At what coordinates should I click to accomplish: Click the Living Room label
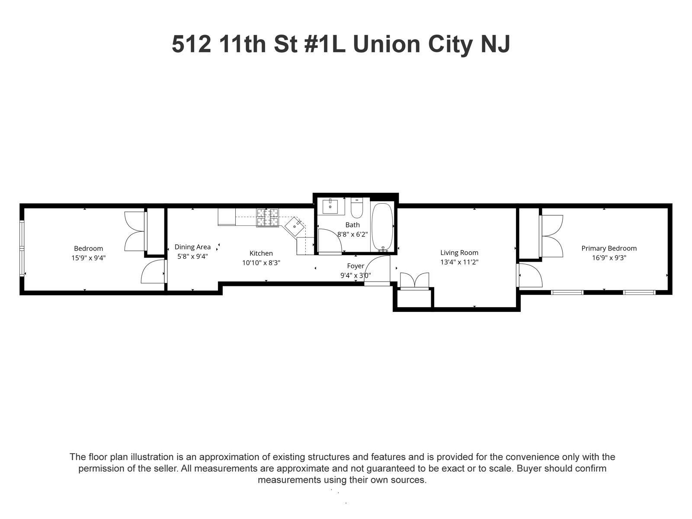pos(459,253)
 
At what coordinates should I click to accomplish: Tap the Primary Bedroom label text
pos(609,248)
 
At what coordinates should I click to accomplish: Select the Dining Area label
pos(192,247)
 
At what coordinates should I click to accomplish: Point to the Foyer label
pos(356,266)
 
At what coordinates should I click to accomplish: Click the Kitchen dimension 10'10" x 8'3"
pos(261,263)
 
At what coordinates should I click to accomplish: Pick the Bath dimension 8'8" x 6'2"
pos(352,234)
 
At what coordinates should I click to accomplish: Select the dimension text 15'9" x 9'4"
pos(88,258)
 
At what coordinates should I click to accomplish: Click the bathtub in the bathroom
pos(382,227)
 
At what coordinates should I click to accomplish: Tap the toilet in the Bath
pos(356,208)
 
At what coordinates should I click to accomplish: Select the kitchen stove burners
pos(268,218)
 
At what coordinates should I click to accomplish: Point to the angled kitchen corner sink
pos(295,226)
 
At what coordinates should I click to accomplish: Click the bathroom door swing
pos(330,241)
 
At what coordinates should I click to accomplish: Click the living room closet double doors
pos(415,280)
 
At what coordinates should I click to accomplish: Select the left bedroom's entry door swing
pos(154,271)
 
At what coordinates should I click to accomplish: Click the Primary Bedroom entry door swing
pos(529,276)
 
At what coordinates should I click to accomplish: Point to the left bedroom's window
pos(22,248)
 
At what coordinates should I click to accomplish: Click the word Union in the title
pos(387,44)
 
